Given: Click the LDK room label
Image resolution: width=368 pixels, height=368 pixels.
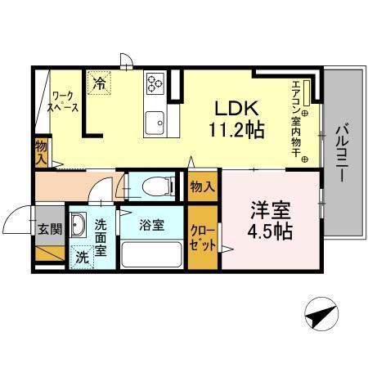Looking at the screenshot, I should (x=237, y=108).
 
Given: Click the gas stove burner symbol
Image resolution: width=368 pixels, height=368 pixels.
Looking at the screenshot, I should (x=154, y=83).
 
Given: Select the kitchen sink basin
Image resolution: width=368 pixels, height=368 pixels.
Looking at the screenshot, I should (x=154, y=124).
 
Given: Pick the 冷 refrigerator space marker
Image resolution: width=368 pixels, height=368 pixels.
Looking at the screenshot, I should (x=99, y=83).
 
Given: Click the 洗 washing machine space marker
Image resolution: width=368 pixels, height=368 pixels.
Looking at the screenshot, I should (x=82, y=255).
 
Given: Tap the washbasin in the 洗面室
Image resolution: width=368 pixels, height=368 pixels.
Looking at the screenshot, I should (x=79, y=224).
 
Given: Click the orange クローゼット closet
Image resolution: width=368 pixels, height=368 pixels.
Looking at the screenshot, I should (x=203, y=237).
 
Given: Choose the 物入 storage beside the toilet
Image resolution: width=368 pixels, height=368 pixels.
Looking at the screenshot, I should (x=203, y=186).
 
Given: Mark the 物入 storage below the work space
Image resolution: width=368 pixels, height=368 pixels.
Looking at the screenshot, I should (x=42, y=151).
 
